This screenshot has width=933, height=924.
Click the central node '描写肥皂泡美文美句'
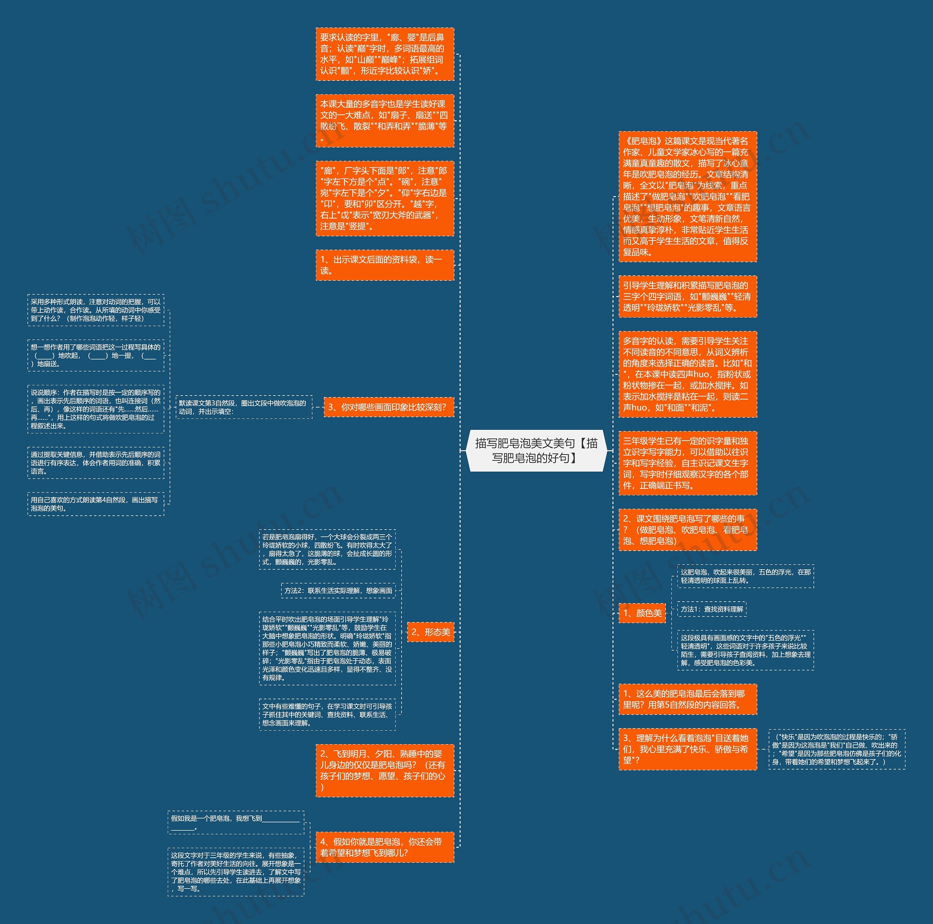tap(536, 450)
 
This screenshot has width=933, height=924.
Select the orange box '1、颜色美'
tap(642, 613)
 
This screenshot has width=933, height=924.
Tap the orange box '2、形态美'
tap(430, 632)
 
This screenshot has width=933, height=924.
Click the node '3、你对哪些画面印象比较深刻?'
tap(388, 407)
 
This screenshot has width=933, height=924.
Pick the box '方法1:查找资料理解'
tap(712, 609)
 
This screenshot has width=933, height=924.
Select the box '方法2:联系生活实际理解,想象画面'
tap(338, 591)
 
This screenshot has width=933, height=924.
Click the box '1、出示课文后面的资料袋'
tap(384, 265)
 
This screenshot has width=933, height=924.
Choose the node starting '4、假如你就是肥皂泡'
tap(384, 847)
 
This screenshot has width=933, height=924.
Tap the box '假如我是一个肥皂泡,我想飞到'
tap(236, 822)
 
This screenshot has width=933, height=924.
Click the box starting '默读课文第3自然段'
tap(244, 407)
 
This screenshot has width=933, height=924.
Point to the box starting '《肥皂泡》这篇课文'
tap(687, 196)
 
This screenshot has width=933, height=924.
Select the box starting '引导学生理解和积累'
tap(687, 296)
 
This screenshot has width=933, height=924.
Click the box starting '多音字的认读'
tap(687, 374)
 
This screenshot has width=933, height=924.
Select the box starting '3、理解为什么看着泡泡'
tap(687, 749)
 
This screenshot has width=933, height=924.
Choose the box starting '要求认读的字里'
tap(384, 54)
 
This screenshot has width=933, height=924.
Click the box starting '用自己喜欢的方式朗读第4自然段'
tap(95, 504)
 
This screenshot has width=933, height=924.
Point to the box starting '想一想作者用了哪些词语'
tap(95, 355)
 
